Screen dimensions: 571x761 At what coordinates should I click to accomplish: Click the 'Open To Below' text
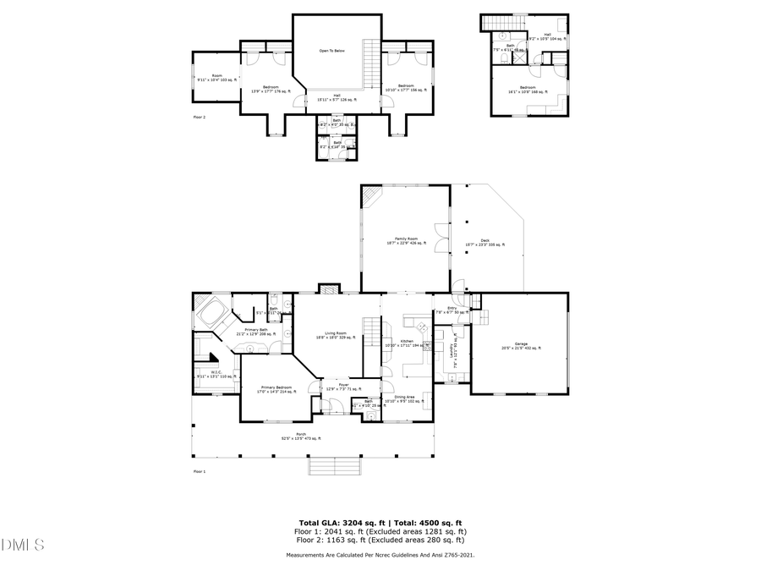pyautogui.click(x=331, y=51)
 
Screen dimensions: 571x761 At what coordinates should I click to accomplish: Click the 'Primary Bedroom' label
pyautogui.click(x=276, y=387)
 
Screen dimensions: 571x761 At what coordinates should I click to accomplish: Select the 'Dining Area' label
pyautogui.click(x=404, y=396)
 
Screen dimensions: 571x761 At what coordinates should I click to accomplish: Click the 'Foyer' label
pyautogui.click(x=344, y=385)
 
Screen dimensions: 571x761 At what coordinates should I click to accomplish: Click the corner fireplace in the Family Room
pyautogui.click(x=371, y=195)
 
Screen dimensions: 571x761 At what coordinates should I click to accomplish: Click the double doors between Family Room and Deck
pyautogui.click(x=441, y=234)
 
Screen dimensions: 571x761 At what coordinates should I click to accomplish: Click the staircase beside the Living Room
pyautogui.click(x=370, y=332)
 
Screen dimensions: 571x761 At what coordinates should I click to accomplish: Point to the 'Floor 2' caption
pyautogui.click(x=199, y=117)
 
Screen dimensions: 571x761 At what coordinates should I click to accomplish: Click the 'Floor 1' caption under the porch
pyautogui.click(x=199, y=471)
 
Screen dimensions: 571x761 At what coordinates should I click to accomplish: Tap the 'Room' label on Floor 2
pyautogui.click(x=216, y=77)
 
